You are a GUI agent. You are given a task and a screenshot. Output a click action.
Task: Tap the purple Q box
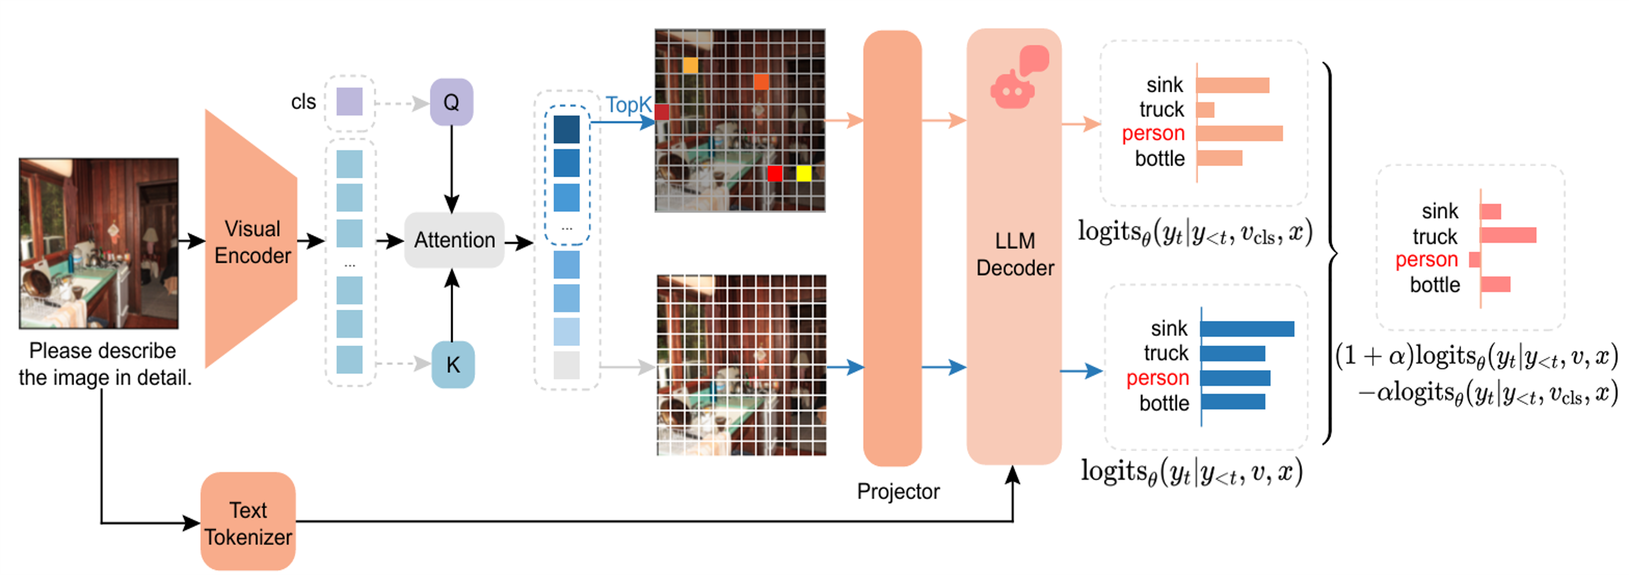click(x=451, y=102)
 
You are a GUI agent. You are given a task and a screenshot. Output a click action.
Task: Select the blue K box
click(x=453, y=364)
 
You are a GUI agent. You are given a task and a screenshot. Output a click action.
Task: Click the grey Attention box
click(x=454, y=240)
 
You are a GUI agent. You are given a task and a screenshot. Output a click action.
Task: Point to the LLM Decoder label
click(x=1014, y=254)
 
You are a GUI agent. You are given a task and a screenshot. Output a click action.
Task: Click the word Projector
click(x=897, y=492)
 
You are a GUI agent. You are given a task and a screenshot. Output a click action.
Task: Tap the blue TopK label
click(x=627, y=104)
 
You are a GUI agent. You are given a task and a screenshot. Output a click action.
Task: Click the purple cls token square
click(x=349, y=101)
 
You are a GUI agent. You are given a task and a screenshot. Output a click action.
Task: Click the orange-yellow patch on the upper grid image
click(x=690, y=65)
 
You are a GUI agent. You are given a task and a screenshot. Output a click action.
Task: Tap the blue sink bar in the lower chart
click(x=1246, y=329)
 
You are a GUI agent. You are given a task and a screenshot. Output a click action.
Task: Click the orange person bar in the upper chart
click(x=1239, y=133)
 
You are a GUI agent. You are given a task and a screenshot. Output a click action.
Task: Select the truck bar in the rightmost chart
click(x=1508, y=235)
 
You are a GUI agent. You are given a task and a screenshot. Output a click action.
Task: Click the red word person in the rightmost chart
click(x=1426, y=260)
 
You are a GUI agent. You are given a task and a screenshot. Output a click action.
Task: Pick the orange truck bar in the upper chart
click(x=1205, y=110)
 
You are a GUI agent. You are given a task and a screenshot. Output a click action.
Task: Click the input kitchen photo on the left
click(x=99, y=243)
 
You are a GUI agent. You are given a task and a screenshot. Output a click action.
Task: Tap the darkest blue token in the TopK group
click(x=566, y=129)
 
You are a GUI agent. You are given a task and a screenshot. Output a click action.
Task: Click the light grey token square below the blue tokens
click(x=566, y=365)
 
